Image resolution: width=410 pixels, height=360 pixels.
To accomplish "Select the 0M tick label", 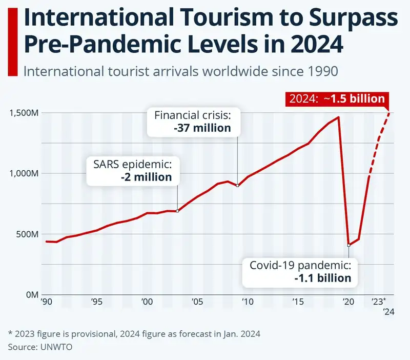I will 31,295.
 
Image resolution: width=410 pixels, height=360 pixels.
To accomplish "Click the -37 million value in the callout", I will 202,128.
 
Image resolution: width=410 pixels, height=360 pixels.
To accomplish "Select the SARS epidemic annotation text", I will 132,165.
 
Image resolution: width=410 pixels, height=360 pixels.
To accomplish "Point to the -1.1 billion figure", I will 323,278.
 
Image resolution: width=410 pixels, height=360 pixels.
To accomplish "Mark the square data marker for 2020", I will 348,245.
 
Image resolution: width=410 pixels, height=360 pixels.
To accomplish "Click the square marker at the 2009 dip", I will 237,186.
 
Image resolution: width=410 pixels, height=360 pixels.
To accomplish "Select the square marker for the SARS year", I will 177,211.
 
